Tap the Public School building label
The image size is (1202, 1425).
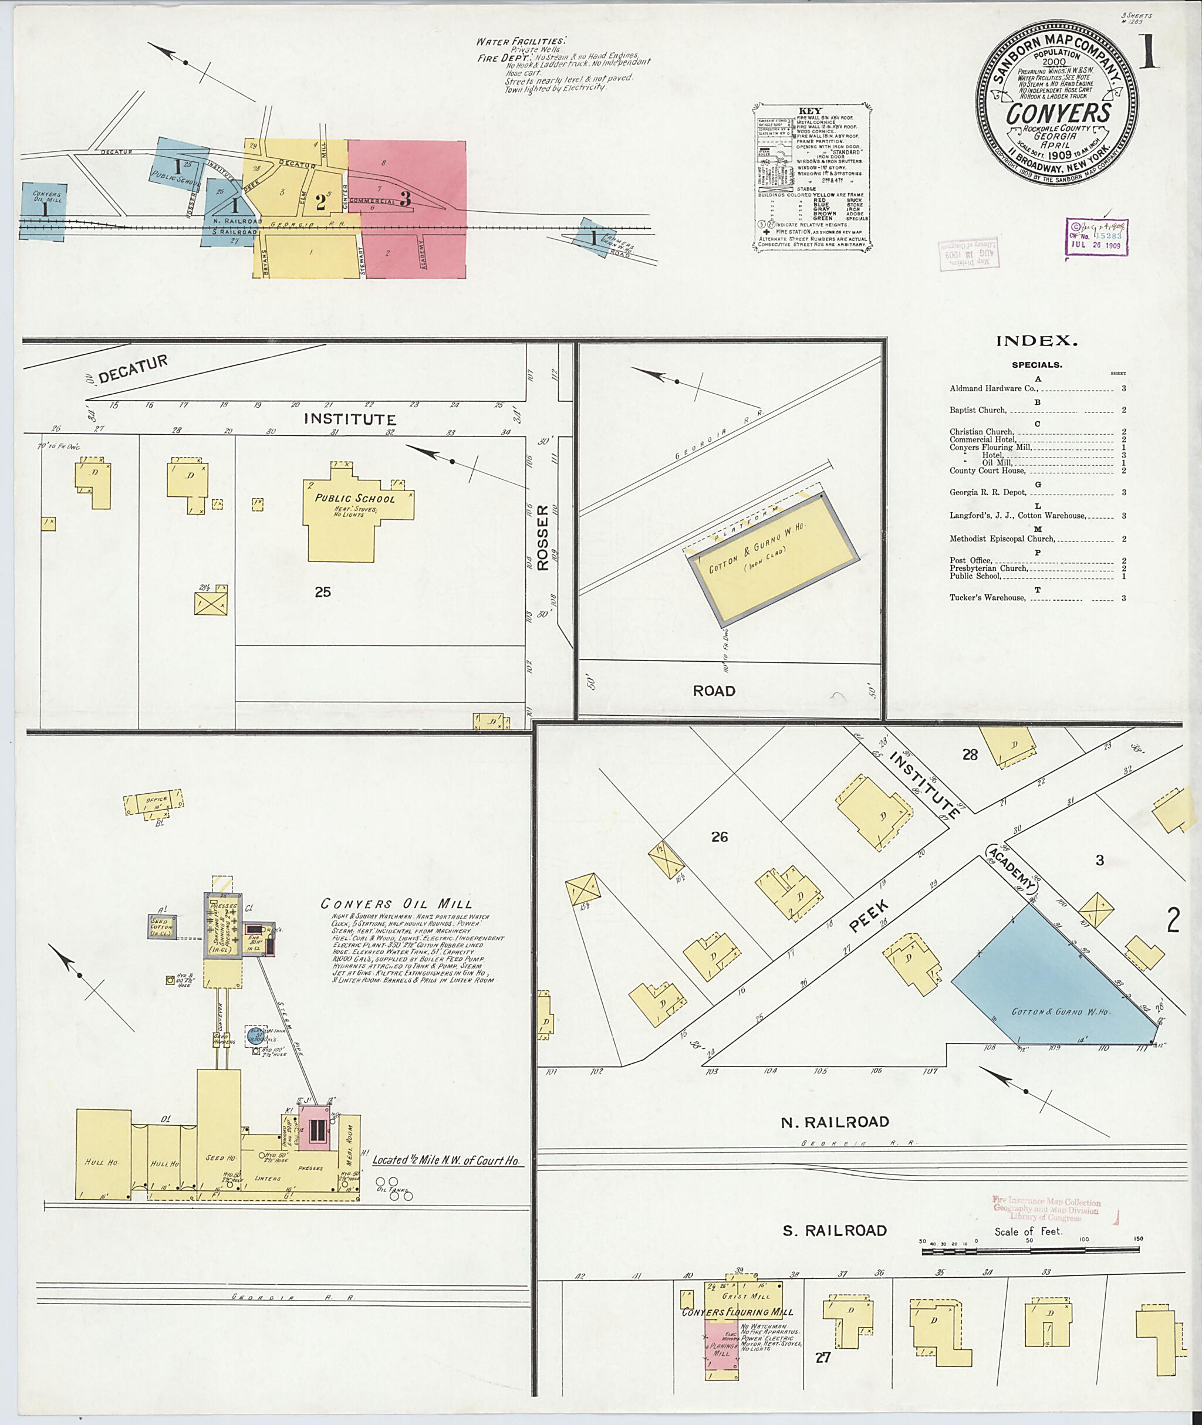(354, 498)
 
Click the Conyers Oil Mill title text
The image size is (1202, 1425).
(397, 904)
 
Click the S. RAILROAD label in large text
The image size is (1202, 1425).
(835, 1231)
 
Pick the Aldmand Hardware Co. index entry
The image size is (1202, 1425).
(994, 389)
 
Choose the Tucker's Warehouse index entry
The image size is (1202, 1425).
(987, 598)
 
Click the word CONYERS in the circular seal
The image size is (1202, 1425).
(1059, 113)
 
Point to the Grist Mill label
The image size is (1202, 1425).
(747, 1297)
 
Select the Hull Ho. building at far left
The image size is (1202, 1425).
(103, 1162)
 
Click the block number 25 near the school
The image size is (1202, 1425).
(323, 593)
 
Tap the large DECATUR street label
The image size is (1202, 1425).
(133, 368)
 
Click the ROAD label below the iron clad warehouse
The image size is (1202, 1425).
(714, 691)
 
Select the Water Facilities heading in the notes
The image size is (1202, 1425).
(520, 42)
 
